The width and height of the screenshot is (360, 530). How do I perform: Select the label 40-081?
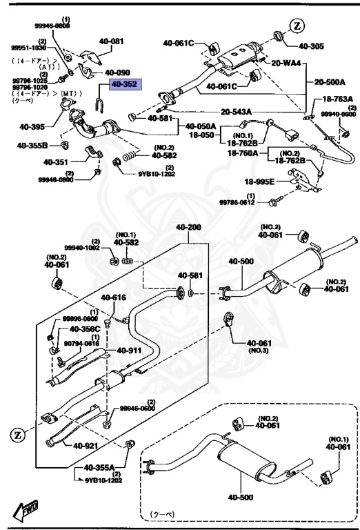click(109, 41)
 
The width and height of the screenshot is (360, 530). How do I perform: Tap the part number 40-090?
click(117, 72)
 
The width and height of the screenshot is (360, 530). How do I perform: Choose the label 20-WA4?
click(286, 63)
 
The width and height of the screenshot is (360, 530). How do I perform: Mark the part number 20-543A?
click(236, 111)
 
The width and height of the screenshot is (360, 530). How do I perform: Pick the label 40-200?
click(188, 228)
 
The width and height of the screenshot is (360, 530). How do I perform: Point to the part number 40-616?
click(114, 297)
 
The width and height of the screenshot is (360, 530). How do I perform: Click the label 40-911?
click(129, 351)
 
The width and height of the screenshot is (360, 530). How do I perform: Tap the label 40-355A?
click(99, 467)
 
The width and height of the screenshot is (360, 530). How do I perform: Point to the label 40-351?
click(57, 162)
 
